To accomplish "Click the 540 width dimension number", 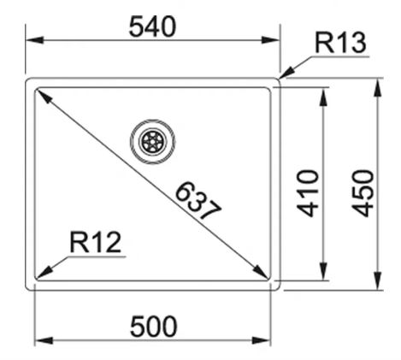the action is pyautogui.click(x=152, y=27).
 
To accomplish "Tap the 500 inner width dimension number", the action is pyautogui.click(x=153, y=327).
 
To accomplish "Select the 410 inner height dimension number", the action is pyautogui.click(x=308, y=193).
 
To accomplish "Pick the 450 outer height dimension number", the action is pyautogui.click(x=363, y=193).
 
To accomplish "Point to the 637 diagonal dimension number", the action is pyautogui.click(x=198, y=201).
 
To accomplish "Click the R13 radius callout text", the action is pyautogui.click(x=340, y=43).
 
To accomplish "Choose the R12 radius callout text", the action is pyautogui.click(x=96, y=242).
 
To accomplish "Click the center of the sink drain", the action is pyautogui.click(x=152, y=142).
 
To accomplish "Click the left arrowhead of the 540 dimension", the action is pyautogui.click(x=35, y=40).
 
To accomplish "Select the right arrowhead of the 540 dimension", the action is pyautogui.click(x=271, y=40).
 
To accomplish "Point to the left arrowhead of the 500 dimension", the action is pyautogui.click(x=44, y=340).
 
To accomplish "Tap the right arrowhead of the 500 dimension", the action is pyautogui.click(x=262, y=340).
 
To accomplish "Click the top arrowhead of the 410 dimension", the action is pyautogui.click(x=323, y=97).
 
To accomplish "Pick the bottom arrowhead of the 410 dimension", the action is pyautogui.click(x=323, y=271).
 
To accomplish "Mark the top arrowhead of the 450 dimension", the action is pyautogui.click(x=377, y=88).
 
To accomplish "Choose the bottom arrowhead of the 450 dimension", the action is pyautogui.click(x=377, y=280).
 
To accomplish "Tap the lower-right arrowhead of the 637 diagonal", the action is pyautogui.click(x=260, y=271).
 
